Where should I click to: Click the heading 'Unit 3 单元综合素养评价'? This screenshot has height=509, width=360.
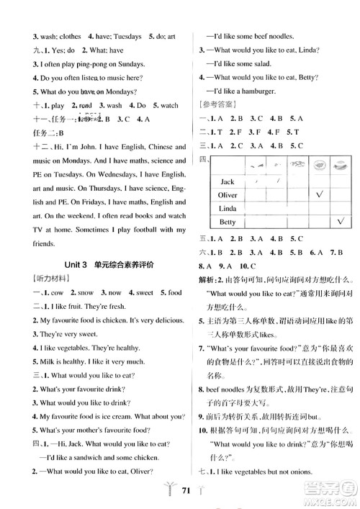[95, 265]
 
